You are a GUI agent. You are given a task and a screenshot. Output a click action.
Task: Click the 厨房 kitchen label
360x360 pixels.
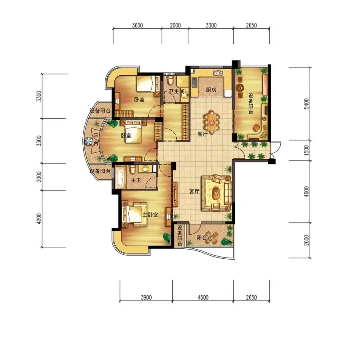(x=211, y=90)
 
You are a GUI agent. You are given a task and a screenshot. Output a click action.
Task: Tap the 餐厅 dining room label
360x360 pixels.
(x=202, y=134)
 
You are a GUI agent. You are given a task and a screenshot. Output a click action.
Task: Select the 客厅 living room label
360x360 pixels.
(x=194, y=191)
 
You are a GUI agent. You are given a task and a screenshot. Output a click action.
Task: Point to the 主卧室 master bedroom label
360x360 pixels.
(x=150, y=215)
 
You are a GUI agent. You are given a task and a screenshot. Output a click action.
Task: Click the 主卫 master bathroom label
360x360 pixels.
(x=136, y=180)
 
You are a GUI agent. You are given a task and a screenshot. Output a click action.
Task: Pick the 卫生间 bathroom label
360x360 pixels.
(x=176, y=91)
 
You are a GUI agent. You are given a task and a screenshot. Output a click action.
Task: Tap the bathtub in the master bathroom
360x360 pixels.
(x=120, y=178)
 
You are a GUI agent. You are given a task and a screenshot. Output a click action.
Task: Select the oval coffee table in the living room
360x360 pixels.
(x=216, y=192)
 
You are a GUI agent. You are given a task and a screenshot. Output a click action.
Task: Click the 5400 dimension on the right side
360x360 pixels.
(x=306, y=104)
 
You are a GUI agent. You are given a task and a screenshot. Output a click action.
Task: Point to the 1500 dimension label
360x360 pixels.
(x=306, y=150)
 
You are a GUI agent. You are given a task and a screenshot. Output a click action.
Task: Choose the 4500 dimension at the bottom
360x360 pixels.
(x=203, y=298)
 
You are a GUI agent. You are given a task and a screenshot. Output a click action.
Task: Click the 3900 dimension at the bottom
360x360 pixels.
(x=146, y=298)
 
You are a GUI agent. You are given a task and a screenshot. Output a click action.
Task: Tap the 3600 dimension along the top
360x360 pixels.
(x=137, y=25)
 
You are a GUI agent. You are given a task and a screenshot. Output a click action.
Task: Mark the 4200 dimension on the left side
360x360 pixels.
(x=39, y=218)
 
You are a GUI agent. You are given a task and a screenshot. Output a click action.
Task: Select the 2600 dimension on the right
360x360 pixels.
(x=306, y=240)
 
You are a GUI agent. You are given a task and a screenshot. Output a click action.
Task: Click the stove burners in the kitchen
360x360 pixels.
(x=194, y=83)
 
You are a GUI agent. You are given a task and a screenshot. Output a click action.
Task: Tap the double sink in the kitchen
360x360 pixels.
(x=218, y=73)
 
